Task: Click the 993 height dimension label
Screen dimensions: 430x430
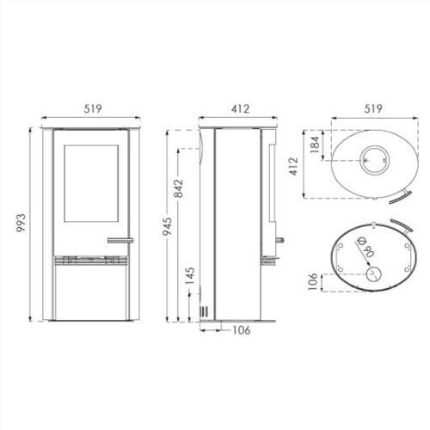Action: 21,223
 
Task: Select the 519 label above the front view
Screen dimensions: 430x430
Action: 93,108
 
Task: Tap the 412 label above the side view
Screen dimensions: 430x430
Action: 240,108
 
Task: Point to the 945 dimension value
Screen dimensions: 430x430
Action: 168,226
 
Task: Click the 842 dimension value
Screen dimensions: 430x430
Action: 178,188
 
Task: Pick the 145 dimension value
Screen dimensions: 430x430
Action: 190,275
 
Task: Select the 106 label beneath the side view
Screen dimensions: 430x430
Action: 242,330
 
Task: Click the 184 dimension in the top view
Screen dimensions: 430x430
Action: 315,144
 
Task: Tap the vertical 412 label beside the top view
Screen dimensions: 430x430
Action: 293,166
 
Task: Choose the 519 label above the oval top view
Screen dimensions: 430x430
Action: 373,108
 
